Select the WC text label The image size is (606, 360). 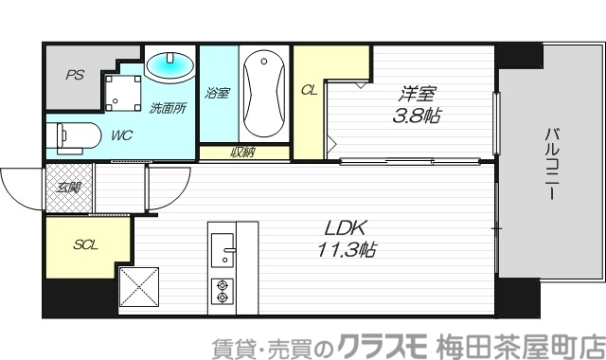(121, 135)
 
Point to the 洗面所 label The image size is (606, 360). (168, 108)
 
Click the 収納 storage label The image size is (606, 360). (242, 153)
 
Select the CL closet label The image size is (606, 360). (309, 91)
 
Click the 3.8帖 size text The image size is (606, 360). (418, 117)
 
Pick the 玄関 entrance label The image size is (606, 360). (69, 188)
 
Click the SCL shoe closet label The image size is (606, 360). (87, 244)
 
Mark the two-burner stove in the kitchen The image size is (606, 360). (223, 291)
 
